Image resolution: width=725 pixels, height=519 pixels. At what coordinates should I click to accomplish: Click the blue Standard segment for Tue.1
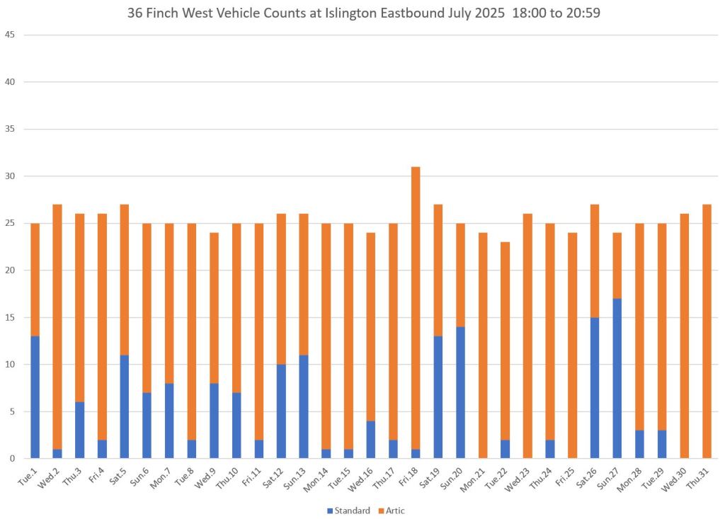click(35, 397)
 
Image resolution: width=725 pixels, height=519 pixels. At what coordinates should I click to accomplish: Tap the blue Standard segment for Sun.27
click(617, 378)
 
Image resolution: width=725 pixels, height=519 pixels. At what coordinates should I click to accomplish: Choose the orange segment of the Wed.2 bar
click(57, 326)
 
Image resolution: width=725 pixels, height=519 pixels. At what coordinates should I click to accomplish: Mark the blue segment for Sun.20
click(460, 392)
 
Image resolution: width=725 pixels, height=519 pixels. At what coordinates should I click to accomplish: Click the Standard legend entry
click(348, 511)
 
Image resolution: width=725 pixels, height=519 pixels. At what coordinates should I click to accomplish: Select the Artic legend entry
click(391, 511)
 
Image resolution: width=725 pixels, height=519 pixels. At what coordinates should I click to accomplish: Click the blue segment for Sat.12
click(281, 411)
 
